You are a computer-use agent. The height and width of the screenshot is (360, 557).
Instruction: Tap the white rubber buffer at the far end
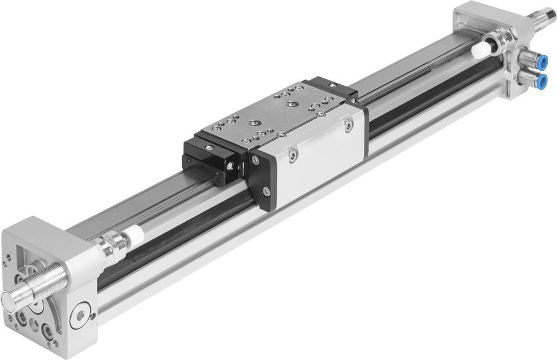[481, 52]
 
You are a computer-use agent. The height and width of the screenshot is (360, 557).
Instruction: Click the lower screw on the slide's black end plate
[265, 191]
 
